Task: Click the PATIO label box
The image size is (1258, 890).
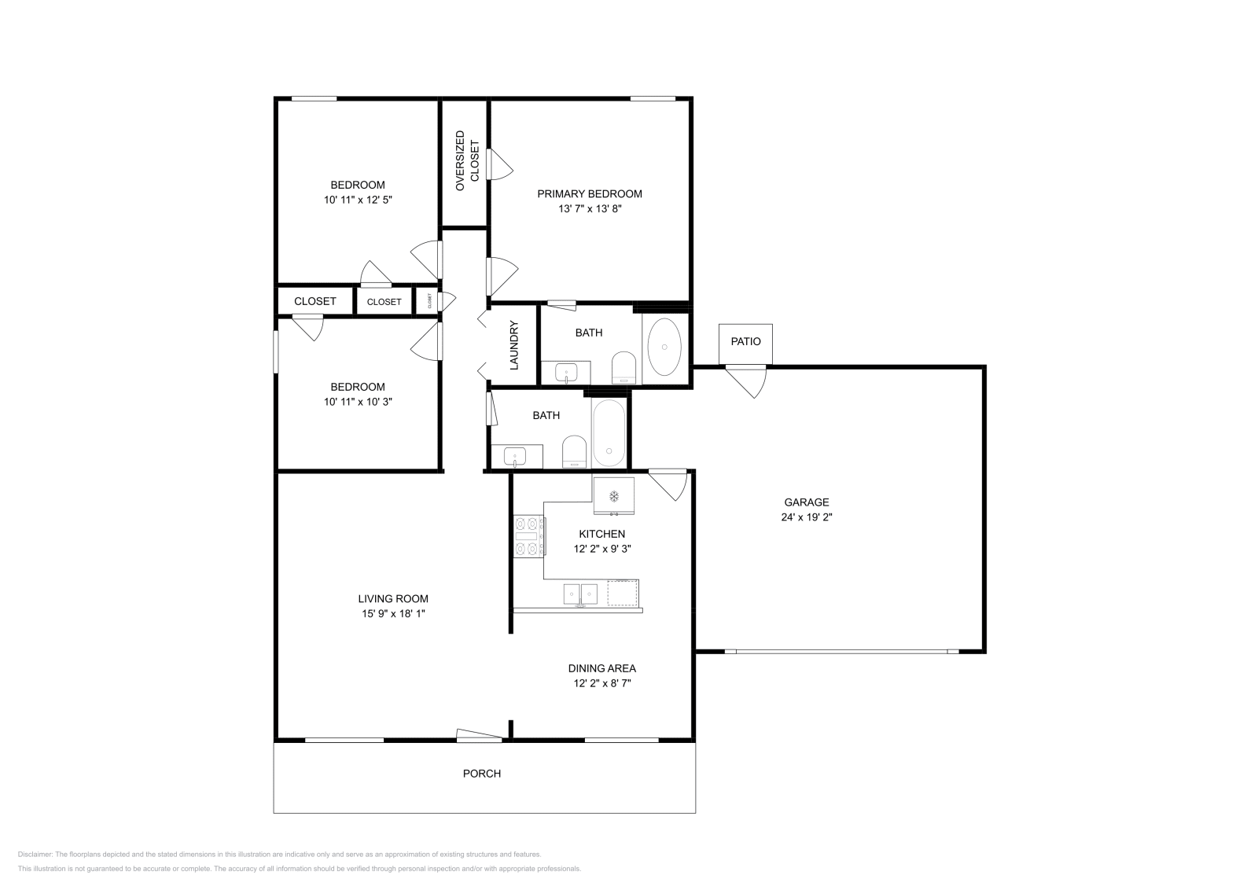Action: (745, 342)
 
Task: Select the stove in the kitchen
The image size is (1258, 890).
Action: (528, 536)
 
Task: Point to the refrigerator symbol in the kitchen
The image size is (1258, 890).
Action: (613, 495)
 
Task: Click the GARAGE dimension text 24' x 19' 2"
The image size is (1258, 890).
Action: (806, 517)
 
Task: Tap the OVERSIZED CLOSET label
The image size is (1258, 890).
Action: (466, 161)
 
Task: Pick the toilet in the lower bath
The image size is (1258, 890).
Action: (574, 452)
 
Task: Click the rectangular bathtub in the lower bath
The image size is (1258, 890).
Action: (609, 433)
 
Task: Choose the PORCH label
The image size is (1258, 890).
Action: (481, 774)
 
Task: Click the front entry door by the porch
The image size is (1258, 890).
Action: (479, 736)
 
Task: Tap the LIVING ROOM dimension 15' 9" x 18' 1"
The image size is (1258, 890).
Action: (393, 613)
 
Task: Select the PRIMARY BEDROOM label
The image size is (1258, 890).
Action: (590, 193)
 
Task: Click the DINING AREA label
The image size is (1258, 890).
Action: (601, 668)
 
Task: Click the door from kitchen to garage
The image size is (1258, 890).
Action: (671, 483)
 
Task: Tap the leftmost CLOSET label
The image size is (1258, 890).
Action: (314, 301)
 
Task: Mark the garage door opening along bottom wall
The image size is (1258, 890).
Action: (841, 651)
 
